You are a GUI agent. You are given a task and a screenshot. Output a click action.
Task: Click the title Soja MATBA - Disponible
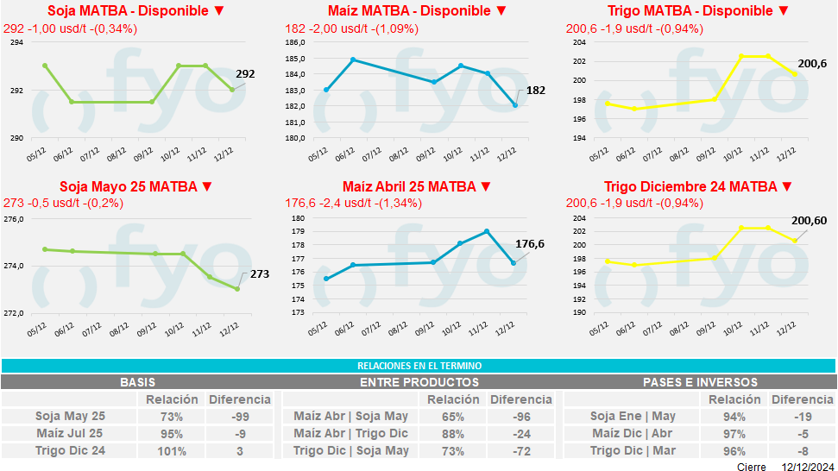click(129, 11)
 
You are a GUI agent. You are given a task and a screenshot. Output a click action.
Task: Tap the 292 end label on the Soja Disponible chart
click(245, 74)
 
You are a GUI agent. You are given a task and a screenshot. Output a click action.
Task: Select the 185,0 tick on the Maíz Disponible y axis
click(295, 59)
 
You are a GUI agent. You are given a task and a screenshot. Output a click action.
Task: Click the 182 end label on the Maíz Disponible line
click(535, 91)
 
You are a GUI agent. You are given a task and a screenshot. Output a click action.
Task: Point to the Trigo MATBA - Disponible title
click(686, 11)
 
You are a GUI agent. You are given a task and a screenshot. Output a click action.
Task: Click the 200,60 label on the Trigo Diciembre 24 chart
click(809, 221)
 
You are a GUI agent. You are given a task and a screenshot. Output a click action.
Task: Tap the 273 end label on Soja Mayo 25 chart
click(260, 274)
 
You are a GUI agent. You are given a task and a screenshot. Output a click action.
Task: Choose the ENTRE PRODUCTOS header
click(419, 382)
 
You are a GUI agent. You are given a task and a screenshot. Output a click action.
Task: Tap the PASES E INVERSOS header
click(700, 382)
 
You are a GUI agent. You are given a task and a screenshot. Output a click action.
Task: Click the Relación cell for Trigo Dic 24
click(173, 450)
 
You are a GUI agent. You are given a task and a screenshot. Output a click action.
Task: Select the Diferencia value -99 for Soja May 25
click(239, 416)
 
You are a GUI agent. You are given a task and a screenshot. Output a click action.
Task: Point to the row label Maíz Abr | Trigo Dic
click(350, 433)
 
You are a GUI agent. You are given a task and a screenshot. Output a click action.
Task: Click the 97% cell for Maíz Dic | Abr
click(734, 433)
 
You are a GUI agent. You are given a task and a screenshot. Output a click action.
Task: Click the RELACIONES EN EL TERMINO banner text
click(419, 366)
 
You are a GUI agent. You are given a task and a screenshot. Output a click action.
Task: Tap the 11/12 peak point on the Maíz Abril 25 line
click(487, 231)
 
